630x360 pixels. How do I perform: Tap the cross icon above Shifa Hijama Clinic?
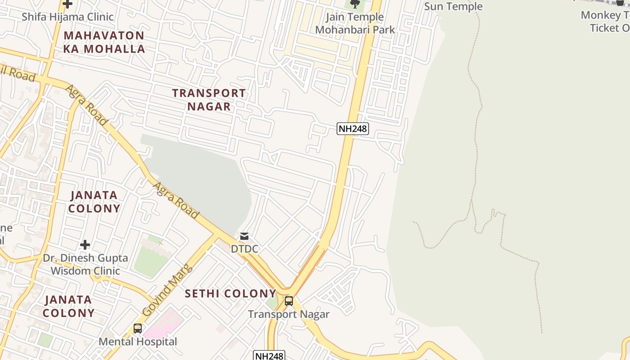67,4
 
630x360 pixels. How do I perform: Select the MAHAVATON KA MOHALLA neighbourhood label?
104,42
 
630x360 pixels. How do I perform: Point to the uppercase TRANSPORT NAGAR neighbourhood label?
209,99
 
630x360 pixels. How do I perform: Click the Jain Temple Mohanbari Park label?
355,23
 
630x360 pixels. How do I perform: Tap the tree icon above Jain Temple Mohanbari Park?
355,4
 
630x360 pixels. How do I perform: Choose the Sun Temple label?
453,6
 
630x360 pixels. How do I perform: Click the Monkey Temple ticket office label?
607,21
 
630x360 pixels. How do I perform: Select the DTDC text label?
244,248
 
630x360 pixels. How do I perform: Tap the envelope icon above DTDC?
244,236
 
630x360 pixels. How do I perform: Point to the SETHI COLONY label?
230,294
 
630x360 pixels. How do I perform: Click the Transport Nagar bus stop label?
288,314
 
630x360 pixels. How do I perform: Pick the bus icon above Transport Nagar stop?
288,301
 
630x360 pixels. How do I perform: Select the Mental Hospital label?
138,342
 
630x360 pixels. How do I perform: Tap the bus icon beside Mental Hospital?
138,328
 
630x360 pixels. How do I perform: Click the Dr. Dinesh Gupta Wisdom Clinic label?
85,264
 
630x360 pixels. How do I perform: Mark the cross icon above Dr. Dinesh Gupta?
85,245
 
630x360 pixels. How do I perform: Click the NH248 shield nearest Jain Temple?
353,129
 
